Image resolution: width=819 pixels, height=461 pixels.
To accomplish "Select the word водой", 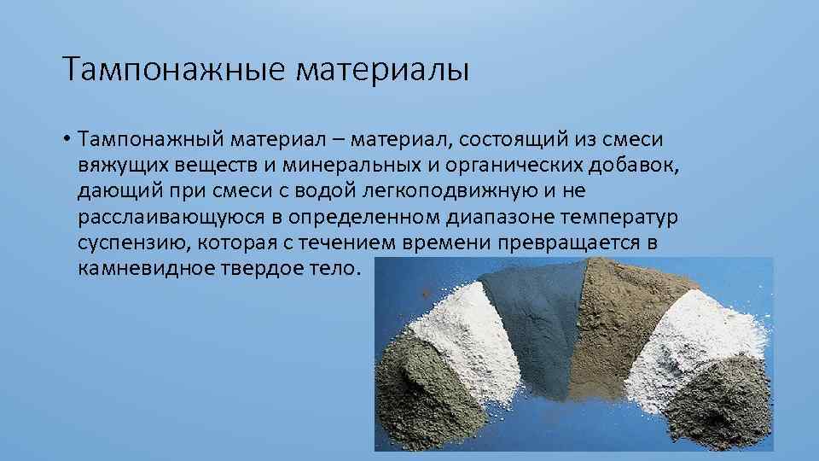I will point(346,190).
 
